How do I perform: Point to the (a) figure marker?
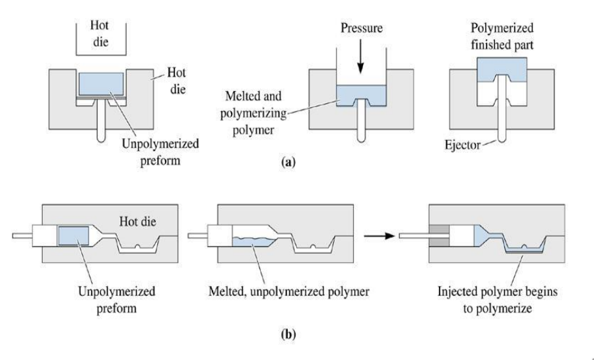point(286,161)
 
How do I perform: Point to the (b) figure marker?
point(286,334)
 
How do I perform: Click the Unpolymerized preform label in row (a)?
point(160,149)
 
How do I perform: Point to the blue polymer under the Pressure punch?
point(360,94)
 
